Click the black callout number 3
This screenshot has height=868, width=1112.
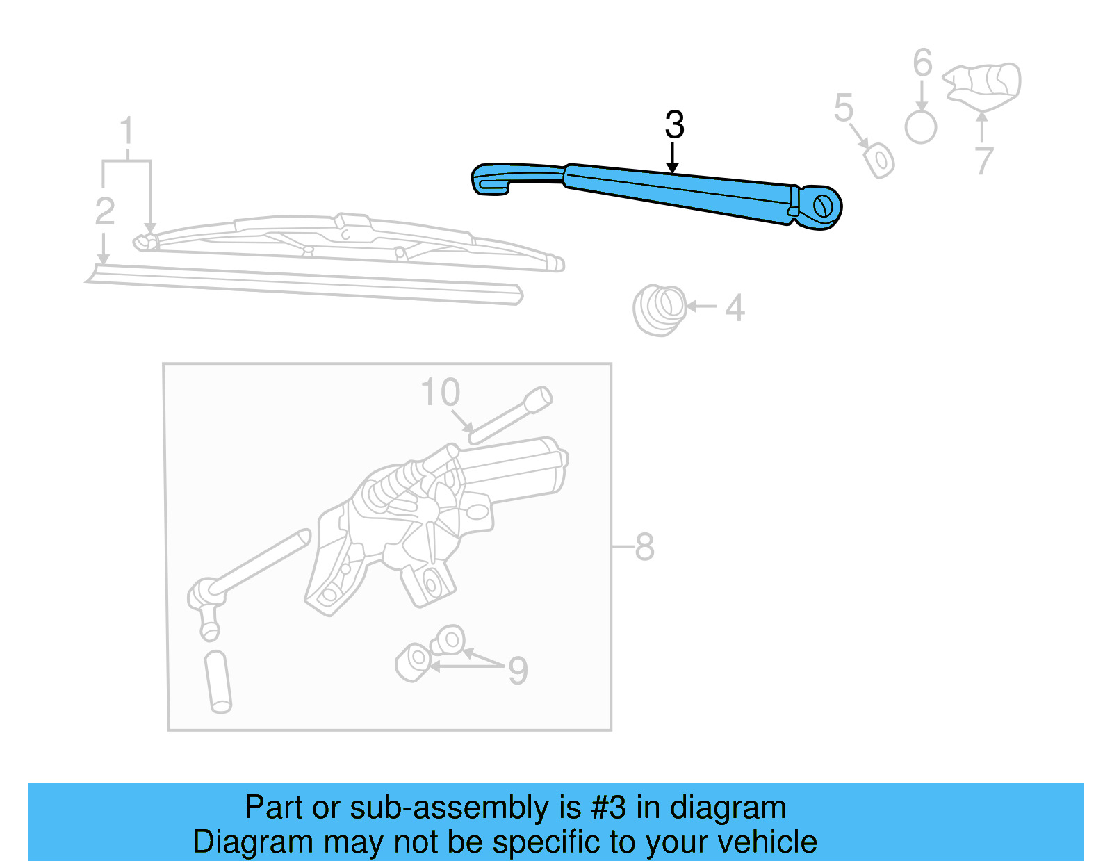(x=674, y=125)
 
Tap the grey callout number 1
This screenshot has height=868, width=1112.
(x=126, y=131)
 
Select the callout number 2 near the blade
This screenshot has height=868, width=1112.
(x=104, y=211)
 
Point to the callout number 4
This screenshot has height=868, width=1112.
(x=735, y=308)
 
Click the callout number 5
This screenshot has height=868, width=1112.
(x=843, y=108)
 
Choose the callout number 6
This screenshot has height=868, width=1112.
(x=922, y=63)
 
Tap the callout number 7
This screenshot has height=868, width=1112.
(x=983, y=161)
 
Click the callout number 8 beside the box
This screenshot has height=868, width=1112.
(x=644, y=547)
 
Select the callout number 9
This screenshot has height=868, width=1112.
(x=518, y=671)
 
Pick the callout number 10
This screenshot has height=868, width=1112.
(x=441, y=393)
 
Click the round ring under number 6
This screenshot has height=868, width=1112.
(x=921, y=128)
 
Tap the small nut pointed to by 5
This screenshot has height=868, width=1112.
(x=879, y=161)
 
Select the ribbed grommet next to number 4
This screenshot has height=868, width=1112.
(x=658, y=309)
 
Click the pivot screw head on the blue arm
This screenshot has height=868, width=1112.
(x=822, y=206)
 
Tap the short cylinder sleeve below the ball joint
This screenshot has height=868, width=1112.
(x=218, y=681)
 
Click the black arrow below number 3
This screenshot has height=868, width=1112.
(x=672, y=158)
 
